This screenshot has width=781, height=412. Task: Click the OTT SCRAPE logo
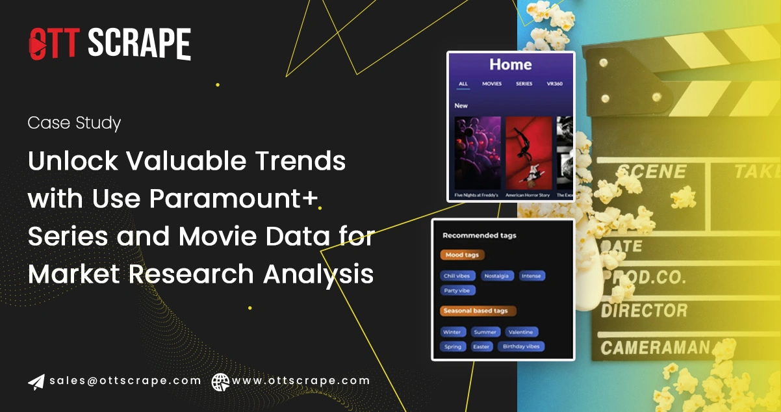[109, 44]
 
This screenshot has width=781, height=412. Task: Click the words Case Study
[74, 123]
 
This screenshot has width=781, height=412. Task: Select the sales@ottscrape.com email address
[125, 381]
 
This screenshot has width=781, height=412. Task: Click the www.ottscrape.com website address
[301, 381]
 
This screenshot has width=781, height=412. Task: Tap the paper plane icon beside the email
[36, 381]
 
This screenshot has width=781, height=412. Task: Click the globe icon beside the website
[220, 381]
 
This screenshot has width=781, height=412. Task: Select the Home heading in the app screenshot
[510, 64]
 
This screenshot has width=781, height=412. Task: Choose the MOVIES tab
[491, 84]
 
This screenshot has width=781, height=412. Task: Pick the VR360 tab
[554, 84]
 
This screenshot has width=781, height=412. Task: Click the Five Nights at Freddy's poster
[478, 153]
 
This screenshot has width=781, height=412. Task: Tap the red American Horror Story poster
[528, 153]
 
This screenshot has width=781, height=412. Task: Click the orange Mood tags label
[462, 255]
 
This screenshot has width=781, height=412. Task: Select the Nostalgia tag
[496, 276]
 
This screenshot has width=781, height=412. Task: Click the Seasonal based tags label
[478, 311]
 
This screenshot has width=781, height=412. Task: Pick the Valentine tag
[520, 332]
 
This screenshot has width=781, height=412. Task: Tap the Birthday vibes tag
[522, 346]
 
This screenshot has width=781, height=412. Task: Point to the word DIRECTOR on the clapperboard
[643, 310]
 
